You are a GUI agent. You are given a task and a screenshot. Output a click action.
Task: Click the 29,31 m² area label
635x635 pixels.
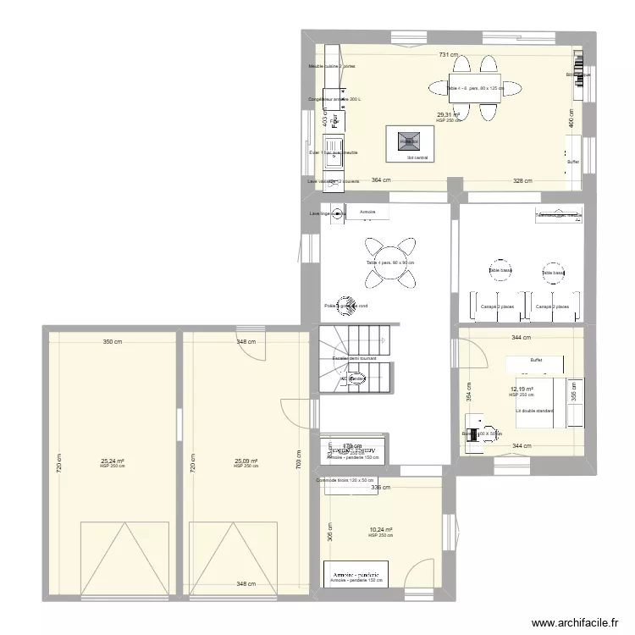[449, 115]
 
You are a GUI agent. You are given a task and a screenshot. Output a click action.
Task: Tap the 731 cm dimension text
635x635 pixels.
[449, 55]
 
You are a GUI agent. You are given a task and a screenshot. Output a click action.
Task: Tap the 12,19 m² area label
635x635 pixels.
[522, 389]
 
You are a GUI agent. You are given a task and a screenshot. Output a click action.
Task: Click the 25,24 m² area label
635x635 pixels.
[113, 461]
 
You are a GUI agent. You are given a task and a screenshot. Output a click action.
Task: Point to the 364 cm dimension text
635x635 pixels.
[381, 180]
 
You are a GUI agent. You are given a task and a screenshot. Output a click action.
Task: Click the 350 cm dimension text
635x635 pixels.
[113, 342]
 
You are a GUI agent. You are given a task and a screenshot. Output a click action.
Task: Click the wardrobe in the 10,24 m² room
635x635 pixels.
[356, 573]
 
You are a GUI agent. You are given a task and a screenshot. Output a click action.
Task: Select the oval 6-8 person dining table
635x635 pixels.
[464, 86]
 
